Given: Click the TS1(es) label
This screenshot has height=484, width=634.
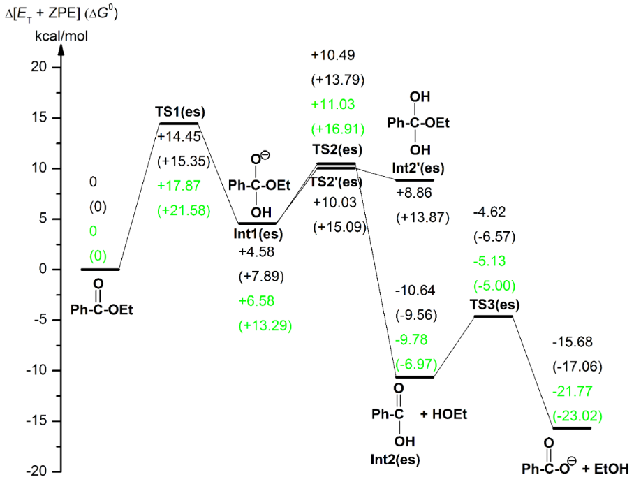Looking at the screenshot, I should point(180,112).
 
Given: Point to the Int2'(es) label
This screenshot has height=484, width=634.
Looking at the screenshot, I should point(418,169).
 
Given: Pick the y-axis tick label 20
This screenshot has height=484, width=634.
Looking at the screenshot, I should point(41,67).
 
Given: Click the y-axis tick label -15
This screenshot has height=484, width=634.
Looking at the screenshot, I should point(39,421).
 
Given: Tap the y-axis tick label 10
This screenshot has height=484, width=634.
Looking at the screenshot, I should point(41,168).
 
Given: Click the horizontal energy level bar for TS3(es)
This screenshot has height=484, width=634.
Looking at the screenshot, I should point(494,316).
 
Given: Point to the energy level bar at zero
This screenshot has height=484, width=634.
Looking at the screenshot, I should point(101,269).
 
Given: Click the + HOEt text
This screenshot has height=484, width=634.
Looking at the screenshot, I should point(443,414).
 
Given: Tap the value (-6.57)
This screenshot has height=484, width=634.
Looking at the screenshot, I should point(494,236).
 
